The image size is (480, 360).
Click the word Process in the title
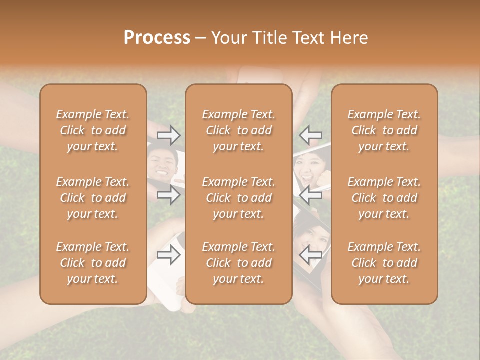[x=157, y=38]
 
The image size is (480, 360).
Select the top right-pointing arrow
[x=169, y=135]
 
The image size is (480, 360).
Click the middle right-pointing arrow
[x=169, y=195]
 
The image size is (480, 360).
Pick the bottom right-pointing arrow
[x=169, y=255]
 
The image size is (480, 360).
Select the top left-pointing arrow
[x=310, y=135]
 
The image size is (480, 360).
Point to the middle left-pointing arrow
[x=310, y=195]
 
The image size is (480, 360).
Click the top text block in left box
[x=93, y=130]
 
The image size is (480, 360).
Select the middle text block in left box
[x=93, y=198]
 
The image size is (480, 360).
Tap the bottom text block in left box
[x=93, y=263]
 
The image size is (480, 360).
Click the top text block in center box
[x=239, y=130]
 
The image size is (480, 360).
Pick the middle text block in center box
[x=239, y=198]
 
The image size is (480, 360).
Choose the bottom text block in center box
[x=239, y=263]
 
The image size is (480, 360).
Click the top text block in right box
[x=384, y=130]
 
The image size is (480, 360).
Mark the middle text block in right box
[x=384, y=198]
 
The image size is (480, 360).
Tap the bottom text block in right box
[x=384, y=263]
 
